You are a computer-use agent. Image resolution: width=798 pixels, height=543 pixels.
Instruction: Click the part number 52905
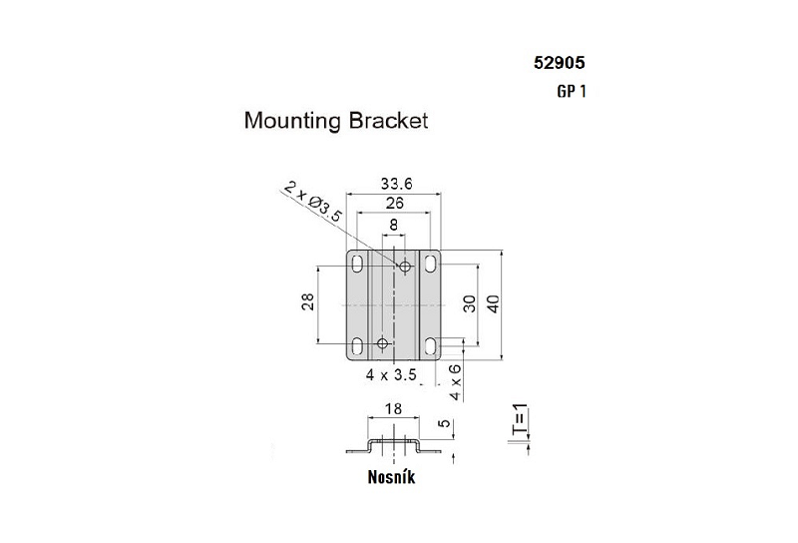click(559, 62)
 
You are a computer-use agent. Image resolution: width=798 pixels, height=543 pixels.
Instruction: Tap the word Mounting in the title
click(293, 123)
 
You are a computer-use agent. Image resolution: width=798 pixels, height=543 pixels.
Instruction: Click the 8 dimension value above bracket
click(394, 226)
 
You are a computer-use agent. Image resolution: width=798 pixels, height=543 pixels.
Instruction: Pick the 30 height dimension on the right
click(469, 304)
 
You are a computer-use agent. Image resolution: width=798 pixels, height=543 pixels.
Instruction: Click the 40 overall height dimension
click(491, 304)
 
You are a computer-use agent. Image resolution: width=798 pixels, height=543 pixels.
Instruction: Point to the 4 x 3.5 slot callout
click(391, 376)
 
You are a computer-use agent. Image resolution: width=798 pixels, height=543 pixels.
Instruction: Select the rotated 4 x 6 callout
click(456, 381)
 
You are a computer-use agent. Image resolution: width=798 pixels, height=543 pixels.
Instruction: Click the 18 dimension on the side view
click(394, 409)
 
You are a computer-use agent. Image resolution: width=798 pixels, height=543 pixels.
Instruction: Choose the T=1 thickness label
click(517, 422)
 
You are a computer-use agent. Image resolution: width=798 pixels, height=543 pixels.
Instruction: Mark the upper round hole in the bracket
click(405, 267)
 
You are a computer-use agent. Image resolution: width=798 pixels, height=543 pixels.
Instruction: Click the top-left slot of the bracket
click(356, 266)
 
